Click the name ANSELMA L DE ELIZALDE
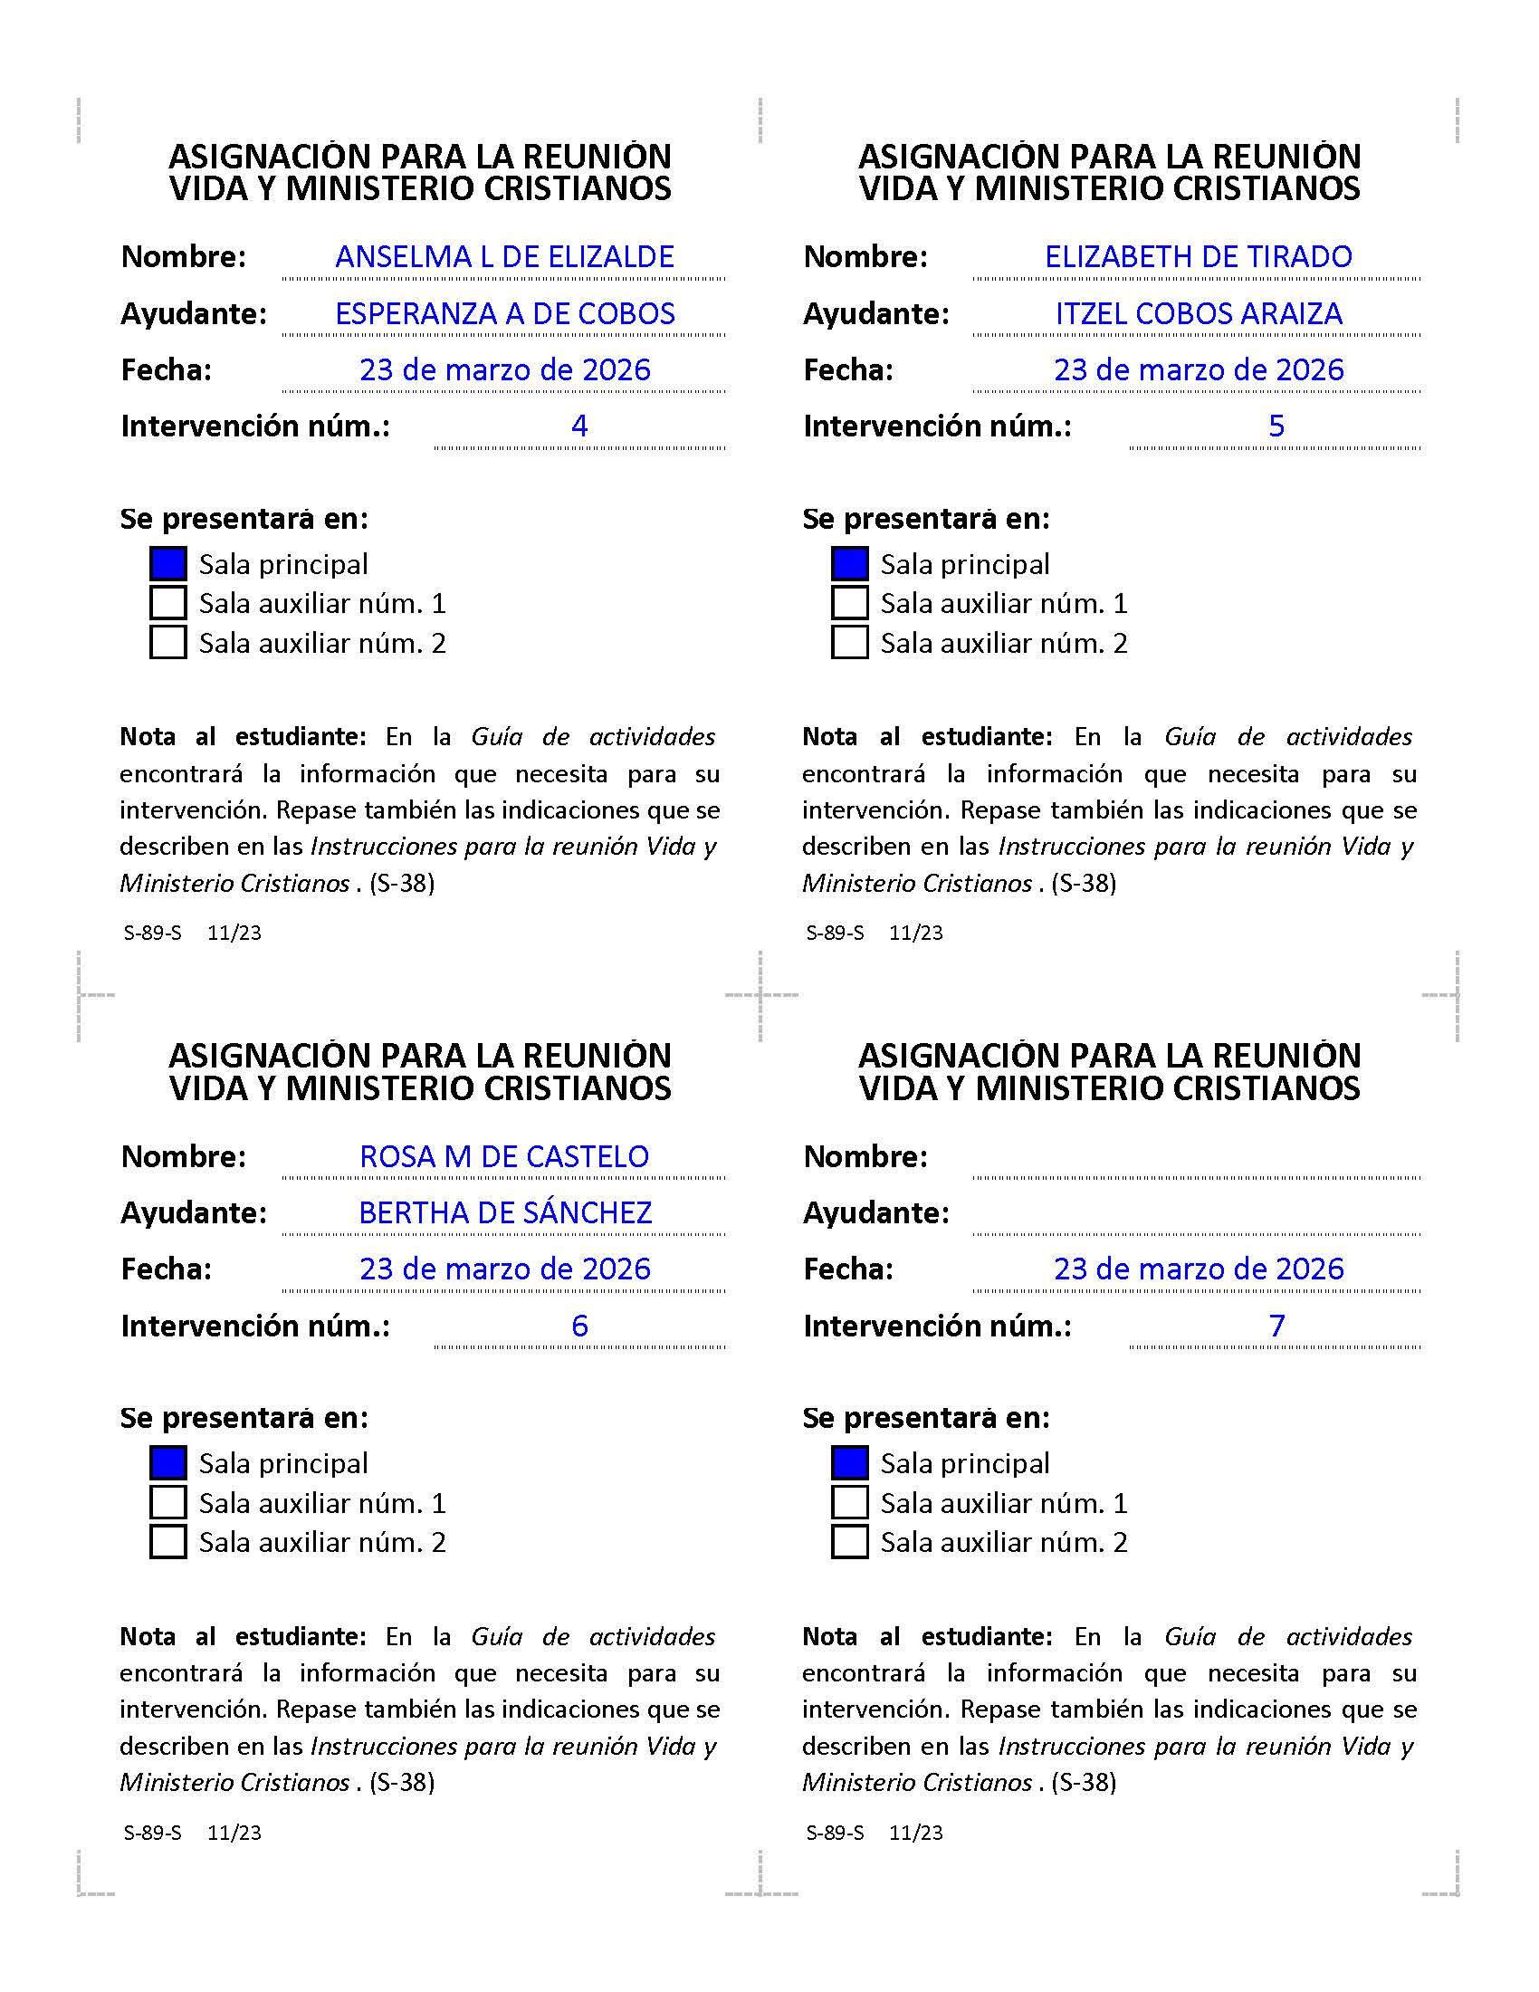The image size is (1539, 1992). pos(504,257)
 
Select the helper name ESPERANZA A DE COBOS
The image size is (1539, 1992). pos(504,314)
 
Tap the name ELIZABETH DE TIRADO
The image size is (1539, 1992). pos(1198,257)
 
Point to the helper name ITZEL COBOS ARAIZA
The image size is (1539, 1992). pos(1198,314)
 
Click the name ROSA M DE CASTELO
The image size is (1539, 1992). pos(504,1156)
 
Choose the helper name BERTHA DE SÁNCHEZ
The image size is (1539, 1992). pos(505,1213)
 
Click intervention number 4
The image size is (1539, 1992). pos(579,426)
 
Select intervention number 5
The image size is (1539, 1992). pos(1276,426)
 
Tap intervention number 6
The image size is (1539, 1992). pos(579,1326)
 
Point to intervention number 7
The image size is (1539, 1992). pos(1276,1326)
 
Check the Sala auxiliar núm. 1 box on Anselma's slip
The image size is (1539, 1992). pos(167,603)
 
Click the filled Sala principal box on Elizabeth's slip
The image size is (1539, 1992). pos(849,564)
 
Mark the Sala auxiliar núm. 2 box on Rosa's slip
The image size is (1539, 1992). pos(167,1541)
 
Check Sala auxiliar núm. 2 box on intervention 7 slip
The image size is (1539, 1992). pos(849,1541)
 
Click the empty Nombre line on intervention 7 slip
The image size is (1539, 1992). pos(1196,1160)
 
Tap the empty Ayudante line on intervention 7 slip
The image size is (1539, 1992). pos(1196,1217)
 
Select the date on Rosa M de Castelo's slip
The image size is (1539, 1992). pos(504,1269)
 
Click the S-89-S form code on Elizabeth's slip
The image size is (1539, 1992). pos(835,933)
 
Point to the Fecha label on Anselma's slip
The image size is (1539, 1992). pos(166,370)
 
